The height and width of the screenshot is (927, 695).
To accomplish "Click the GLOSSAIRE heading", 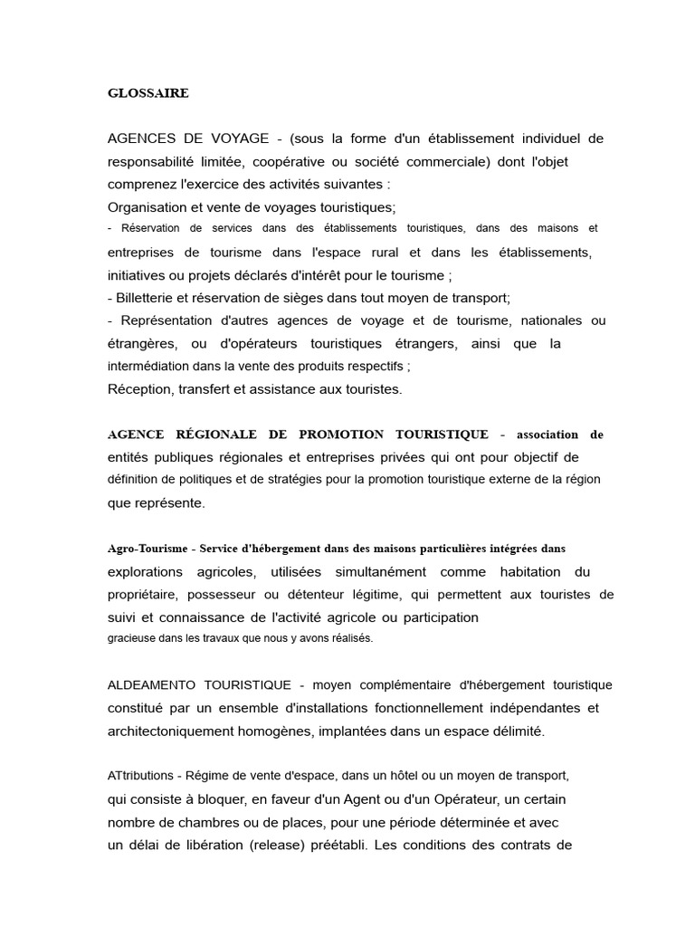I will point(148,93).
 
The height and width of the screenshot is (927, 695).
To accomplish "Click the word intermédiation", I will point(157,367).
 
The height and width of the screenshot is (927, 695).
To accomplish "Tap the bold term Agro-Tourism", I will point(147,549).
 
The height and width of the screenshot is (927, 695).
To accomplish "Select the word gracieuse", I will point(131,638).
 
